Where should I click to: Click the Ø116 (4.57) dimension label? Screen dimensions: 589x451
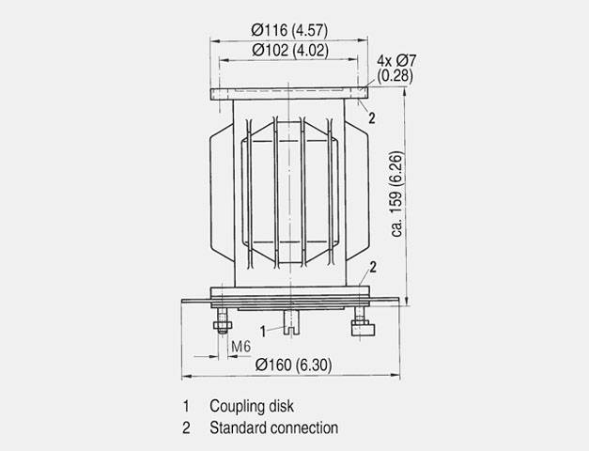[x=289, y=30]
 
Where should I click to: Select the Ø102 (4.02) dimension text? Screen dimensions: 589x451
[x=290, y=51]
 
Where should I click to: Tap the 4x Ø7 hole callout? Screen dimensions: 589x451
[x=396, y=61]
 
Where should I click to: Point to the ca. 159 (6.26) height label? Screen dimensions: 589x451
[x=396, y=194]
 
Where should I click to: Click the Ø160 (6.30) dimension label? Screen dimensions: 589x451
[x=293, y=365]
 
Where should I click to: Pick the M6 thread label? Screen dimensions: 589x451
[x=240, y=346]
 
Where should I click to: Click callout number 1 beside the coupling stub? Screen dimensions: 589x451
[x=263, y=332]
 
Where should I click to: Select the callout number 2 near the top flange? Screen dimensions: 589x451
[x=371, y=118]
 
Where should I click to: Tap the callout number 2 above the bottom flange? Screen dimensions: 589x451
[x=373, y=267]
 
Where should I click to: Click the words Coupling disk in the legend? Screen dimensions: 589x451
[x=252, y=406]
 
